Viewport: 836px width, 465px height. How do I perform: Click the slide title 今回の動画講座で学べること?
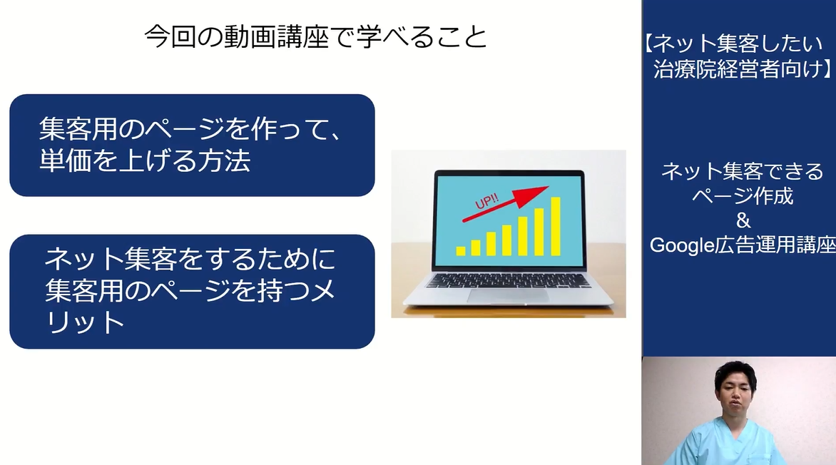315,37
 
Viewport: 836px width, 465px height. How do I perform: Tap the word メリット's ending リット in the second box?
86,322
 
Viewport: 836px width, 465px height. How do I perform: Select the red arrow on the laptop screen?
506,204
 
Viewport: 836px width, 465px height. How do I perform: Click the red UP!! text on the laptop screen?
486,202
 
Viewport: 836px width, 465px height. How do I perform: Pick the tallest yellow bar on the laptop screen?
556,226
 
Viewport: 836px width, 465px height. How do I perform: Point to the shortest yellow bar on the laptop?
461,250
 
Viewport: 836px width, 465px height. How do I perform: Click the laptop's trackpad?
508,295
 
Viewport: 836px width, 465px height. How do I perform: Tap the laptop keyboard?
508,280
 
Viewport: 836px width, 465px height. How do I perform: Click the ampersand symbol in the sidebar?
743,220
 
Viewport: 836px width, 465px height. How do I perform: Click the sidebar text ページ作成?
743,195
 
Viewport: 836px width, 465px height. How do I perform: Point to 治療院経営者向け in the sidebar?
738,68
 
